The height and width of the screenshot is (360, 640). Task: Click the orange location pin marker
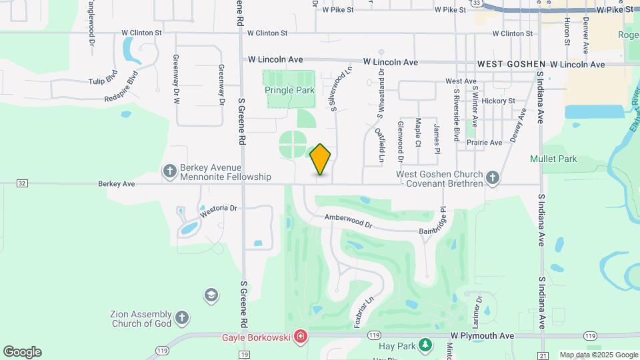click(x=321, y=159)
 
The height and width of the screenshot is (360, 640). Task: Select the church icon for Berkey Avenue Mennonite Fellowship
click(x=170, y=172)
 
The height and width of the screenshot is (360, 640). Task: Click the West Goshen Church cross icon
click(x=493, y=177)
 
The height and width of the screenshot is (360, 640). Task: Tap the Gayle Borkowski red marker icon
click(x=301, y=336)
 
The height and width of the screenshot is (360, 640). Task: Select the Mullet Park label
click(x=553, y=159)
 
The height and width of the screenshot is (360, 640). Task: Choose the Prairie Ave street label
click(x=484, y=143)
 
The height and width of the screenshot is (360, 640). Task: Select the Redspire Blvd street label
click(x=125, y=88)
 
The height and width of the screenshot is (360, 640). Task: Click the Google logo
click(x=22, y=352)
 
